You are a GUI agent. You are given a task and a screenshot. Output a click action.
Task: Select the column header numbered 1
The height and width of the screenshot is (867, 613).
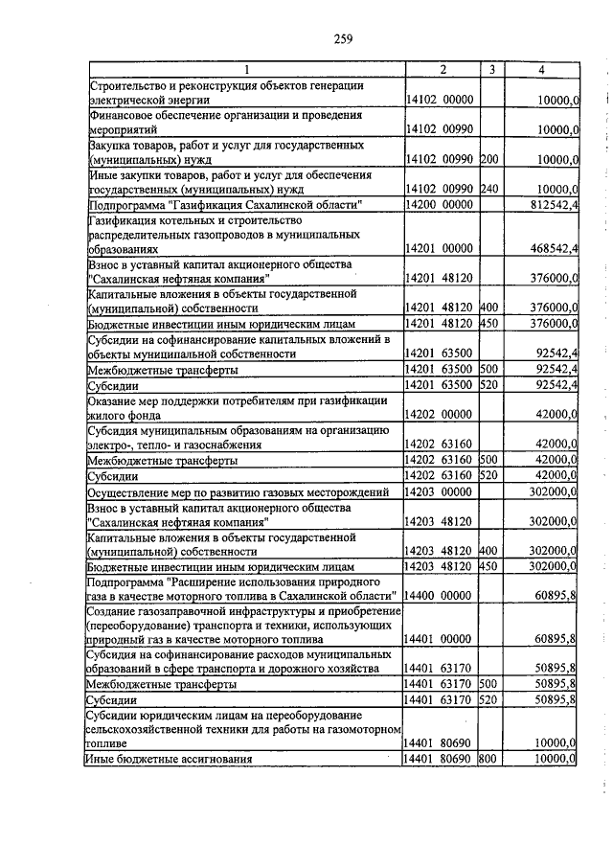246,70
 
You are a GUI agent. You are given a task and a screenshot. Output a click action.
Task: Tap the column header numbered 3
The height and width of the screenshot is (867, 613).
490,70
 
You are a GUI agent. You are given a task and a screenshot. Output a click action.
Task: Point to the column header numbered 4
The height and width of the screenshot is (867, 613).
542,70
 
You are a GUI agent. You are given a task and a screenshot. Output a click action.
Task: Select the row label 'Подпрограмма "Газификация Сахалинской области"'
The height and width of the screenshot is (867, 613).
225,205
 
